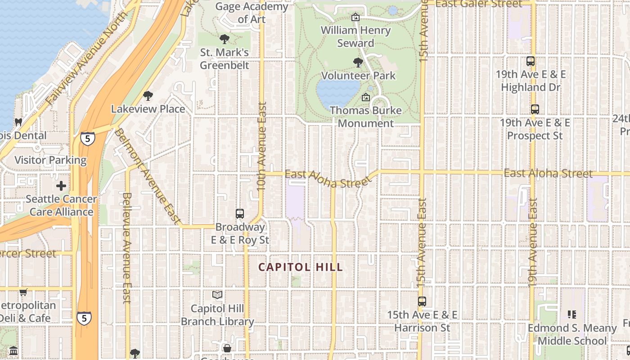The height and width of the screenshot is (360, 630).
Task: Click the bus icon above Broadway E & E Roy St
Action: tap(240, 214)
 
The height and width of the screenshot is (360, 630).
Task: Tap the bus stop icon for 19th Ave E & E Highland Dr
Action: tap(531, 61)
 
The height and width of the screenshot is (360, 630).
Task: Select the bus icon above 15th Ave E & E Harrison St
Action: tap(422, 301)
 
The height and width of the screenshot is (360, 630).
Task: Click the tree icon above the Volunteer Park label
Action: tap(358, 62)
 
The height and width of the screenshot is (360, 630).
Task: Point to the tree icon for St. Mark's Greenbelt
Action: tap(224, 39)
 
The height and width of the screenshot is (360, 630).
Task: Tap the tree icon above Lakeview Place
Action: tap(148, 95)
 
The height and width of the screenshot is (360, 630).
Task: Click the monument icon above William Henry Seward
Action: tap(355, 17)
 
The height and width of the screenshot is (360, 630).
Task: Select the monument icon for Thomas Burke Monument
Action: tap(366, 97)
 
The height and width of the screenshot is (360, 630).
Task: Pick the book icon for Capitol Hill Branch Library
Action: tap(217, 295)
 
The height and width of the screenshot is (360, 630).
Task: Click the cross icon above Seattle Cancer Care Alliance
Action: tap(61, 186)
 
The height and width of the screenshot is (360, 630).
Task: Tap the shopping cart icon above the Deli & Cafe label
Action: tap(23, 292)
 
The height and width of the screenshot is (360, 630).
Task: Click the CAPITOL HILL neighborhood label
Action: tap(301, 267)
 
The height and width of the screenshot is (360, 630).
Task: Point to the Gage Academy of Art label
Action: tap(252, 13)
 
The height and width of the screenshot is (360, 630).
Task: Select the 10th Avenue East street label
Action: tap(262, 146)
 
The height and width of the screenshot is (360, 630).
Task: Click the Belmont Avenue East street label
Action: tap(146, 175)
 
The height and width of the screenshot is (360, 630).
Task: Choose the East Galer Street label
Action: tap(479, 4)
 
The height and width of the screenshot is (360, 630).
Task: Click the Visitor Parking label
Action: tap(50, 160)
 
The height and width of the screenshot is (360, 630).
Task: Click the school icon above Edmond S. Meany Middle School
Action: tap(572, 314)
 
